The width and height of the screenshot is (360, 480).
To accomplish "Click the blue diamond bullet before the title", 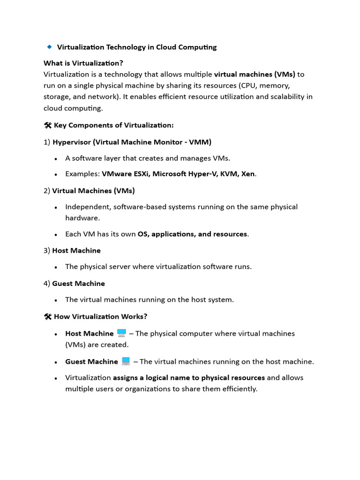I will pyautogui.click(x=49, y=47).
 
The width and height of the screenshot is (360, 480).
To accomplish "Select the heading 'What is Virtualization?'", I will pyautogui.click(x=83, y=63).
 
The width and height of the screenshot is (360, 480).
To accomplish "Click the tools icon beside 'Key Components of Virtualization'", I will pyautogui.click(x=47, y=125).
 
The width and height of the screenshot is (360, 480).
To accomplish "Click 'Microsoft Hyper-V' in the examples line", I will pyautogui.click(x=183, y=174).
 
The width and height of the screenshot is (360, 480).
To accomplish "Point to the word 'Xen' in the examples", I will pyautogui.click(x=247, y=174).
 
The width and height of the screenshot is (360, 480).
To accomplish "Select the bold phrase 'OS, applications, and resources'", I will pyautogui.click(x=192, y=234).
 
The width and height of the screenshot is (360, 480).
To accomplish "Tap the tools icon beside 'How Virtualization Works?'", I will pyautogui.click(x=47, y=316).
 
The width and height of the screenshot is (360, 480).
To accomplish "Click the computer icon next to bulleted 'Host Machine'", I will pyautogui.click(x=121, y=333).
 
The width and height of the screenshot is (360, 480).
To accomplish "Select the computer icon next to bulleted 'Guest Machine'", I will pyautogui.click(x=126, y=361).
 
